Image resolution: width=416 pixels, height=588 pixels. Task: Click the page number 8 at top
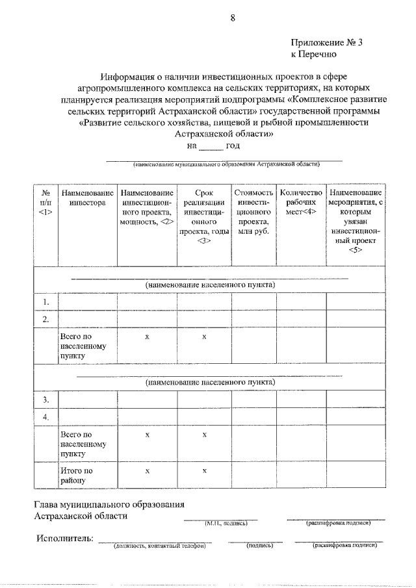(x=232, y=18)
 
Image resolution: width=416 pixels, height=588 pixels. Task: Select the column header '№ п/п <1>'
(x=45, y=203)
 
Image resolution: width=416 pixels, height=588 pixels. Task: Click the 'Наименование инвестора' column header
(x=87, y=198)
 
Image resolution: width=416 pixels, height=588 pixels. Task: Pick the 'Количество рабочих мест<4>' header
(x=301, y=203)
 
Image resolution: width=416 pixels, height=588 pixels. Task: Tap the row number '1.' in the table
(x=46, y=302)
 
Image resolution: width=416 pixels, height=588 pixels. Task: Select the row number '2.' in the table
(x=46, y=319)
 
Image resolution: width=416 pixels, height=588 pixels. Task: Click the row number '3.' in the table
(x=46, y=399)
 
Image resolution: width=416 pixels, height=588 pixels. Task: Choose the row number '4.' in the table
(x=46, y=417)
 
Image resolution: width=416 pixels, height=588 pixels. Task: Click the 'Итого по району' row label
(x=76, y=476)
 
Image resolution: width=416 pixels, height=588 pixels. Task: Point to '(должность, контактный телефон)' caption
(x=159, y=546)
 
